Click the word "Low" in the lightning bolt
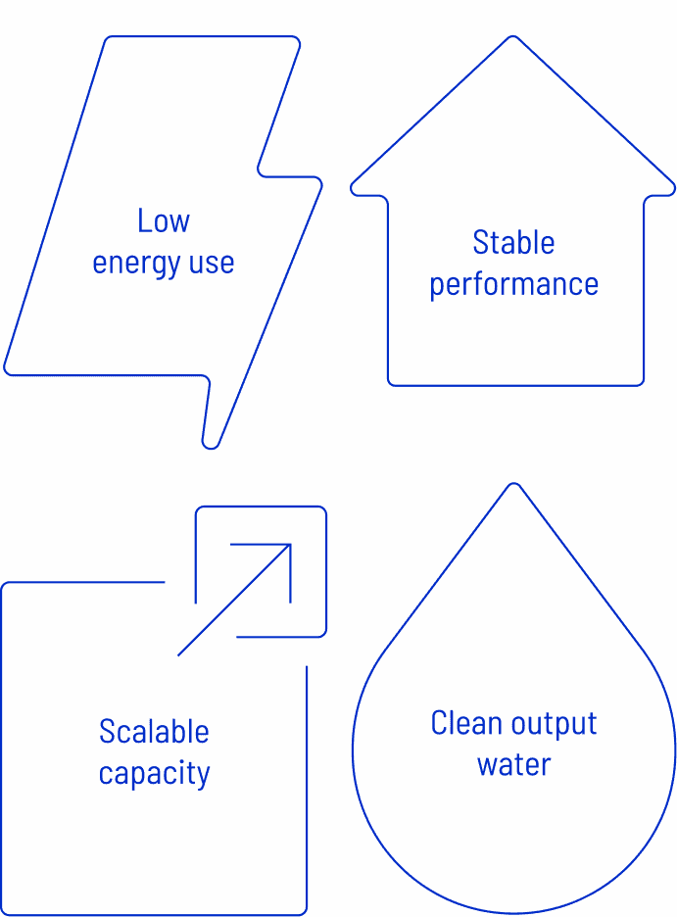(x=164, y=221)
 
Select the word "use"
(x=213, y=264)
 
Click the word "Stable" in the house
(x=513, y=242)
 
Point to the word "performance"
(x=513, y=285)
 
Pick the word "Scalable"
(x=154, y=732)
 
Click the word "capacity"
(x=154, y=774)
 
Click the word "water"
(x=513, y=765)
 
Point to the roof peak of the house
(x=512, y=38)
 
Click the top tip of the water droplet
(x=512, y=485)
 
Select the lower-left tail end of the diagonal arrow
(x=179, y=654)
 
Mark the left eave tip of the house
(x=354, y=185)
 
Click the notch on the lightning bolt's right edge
(x=261, y=170)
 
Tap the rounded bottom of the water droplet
(x=513, y=912)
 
